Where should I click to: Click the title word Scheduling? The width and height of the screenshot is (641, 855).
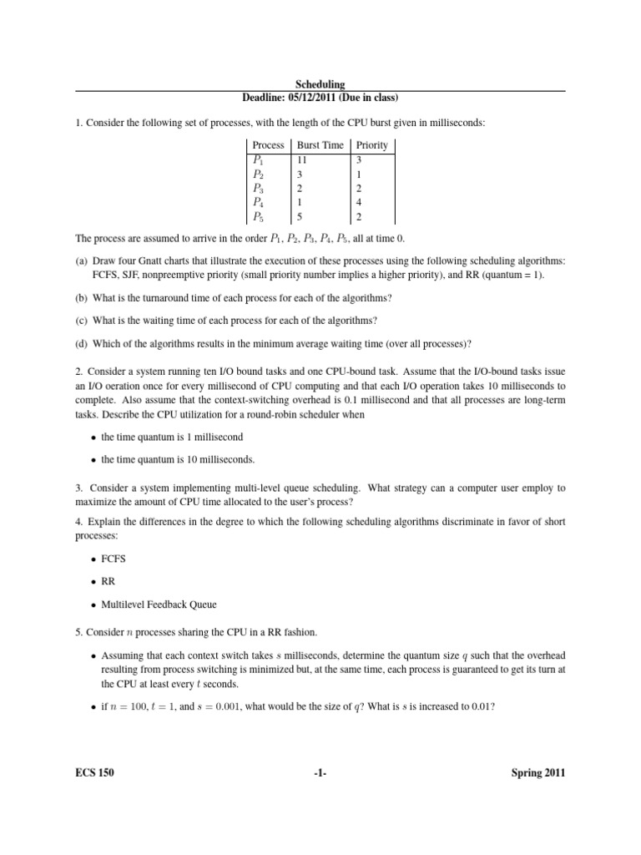click(x=320, y=84)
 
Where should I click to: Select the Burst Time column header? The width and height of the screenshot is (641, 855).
click(x=320, y=144)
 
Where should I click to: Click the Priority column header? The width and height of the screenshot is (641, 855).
click(x=371, y=144)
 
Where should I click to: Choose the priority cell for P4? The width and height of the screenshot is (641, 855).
click(x=359, y=202)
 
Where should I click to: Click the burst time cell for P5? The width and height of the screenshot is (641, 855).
click(x=300, y=217)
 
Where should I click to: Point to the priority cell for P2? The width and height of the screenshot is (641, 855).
click(x=359, y=174)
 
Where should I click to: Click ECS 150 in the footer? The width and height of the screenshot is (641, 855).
click(x=94, y=773)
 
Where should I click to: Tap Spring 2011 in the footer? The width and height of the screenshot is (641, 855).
click(x=538, y=773)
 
